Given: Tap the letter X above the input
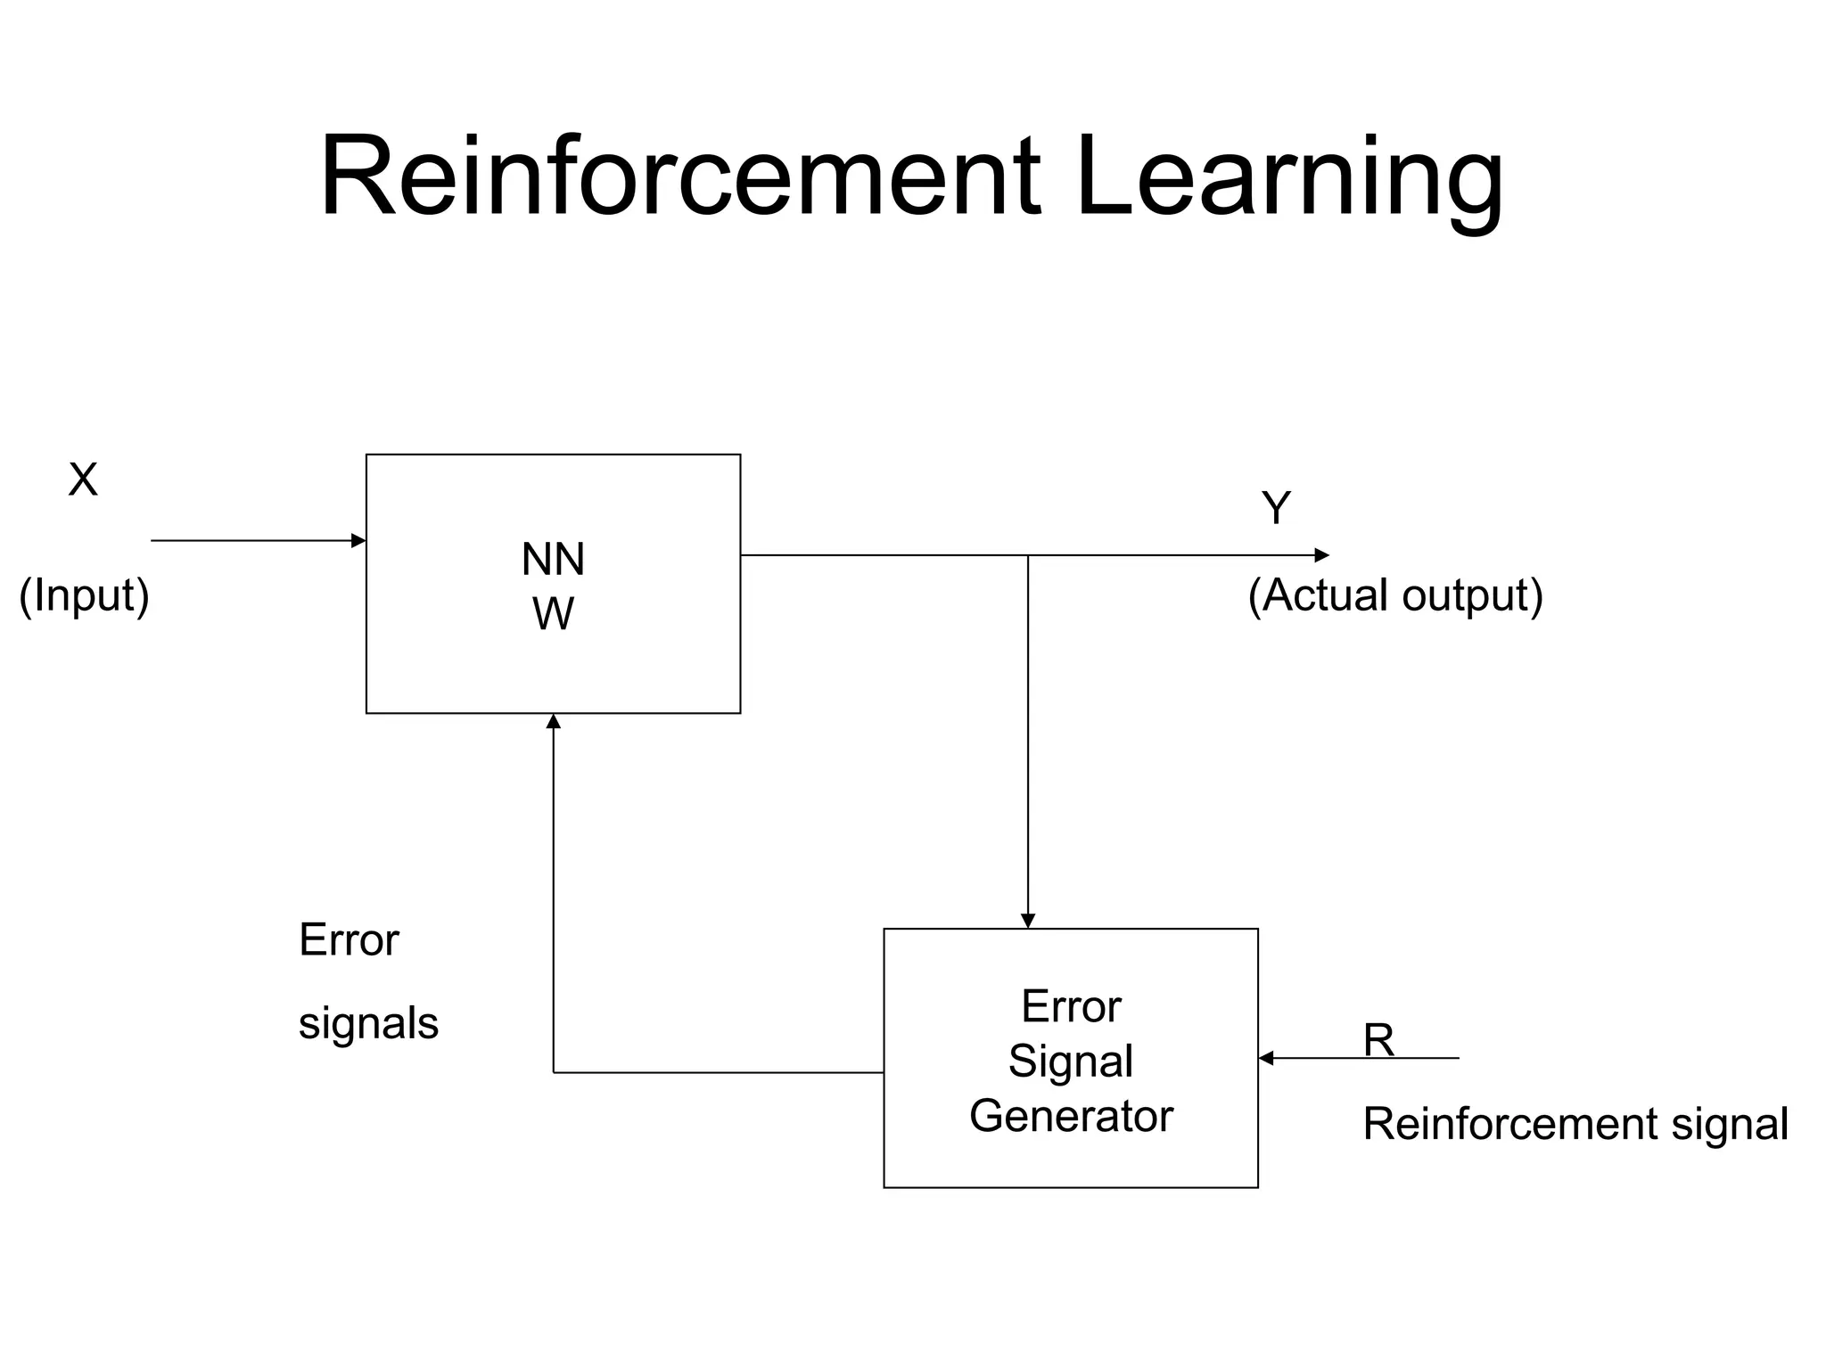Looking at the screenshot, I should coord(83,480).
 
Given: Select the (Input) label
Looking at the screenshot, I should coord(84,595).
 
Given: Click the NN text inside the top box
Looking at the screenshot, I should coord(553,560).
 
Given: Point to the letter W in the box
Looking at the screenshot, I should coord(553,614).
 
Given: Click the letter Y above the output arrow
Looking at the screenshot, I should coord(1276,508).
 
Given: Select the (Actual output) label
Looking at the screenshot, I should coord(1394,595).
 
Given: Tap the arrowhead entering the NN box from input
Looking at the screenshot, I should coord(359,540).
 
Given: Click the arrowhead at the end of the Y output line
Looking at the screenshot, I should coord(1322,555).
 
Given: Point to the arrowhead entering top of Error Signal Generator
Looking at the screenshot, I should coord(1027,921).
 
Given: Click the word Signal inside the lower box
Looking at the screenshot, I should coord(1070,1062).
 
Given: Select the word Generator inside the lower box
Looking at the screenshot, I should coord(1070,1116).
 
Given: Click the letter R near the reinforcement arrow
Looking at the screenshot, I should coord(1378,1040).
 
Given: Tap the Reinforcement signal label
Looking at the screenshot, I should coord(1575,1123).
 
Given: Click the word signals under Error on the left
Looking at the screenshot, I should coord(368,1023).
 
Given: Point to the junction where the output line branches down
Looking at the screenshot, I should coord(1027,555).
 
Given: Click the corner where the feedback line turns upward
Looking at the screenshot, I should coord(553,1072).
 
